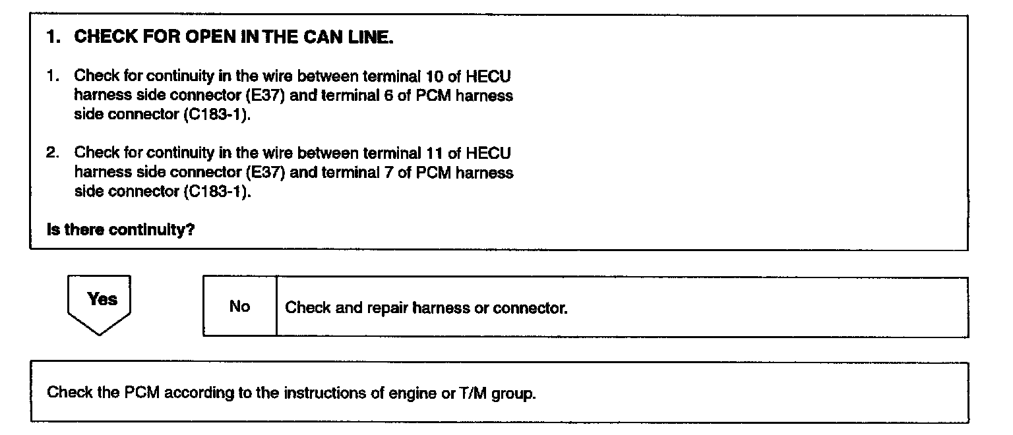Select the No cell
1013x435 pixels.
tap(239, 306)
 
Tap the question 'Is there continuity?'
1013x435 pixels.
tap(121, 231)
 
